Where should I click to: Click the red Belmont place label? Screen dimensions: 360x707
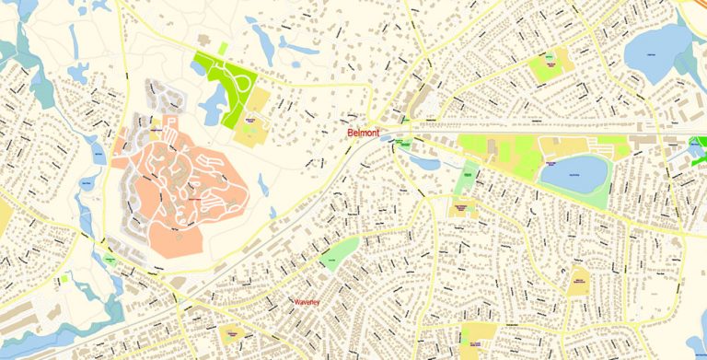364,133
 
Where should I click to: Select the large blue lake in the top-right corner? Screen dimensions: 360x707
656,46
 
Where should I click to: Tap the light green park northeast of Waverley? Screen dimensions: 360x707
341,253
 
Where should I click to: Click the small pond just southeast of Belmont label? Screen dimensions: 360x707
424,162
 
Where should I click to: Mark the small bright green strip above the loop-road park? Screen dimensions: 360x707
223,47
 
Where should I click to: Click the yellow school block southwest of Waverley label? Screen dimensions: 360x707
232,333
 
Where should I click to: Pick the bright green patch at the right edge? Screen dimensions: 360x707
700,145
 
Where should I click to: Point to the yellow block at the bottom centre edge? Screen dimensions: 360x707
477,335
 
